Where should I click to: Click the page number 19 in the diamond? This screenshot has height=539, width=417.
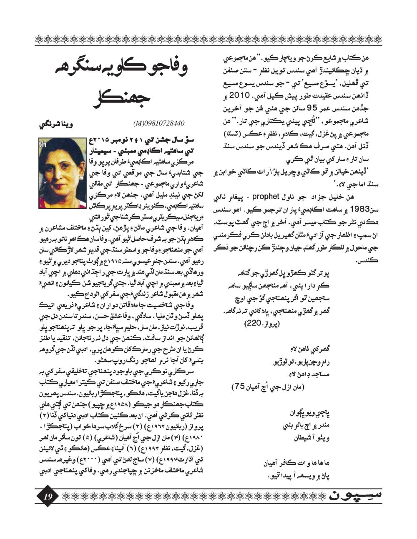point(47,496)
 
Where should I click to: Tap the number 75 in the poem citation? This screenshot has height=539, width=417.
point(239,387)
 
